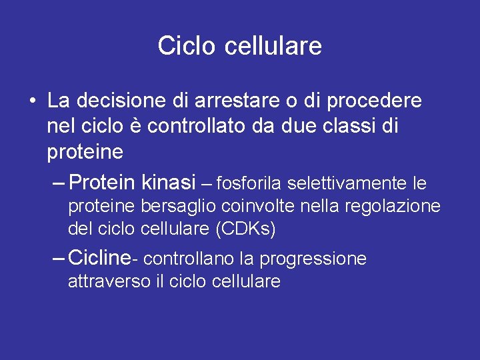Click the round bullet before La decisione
coord(32,102)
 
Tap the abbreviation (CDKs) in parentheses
coord(245,230)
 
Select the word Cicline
coord(99,257)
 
